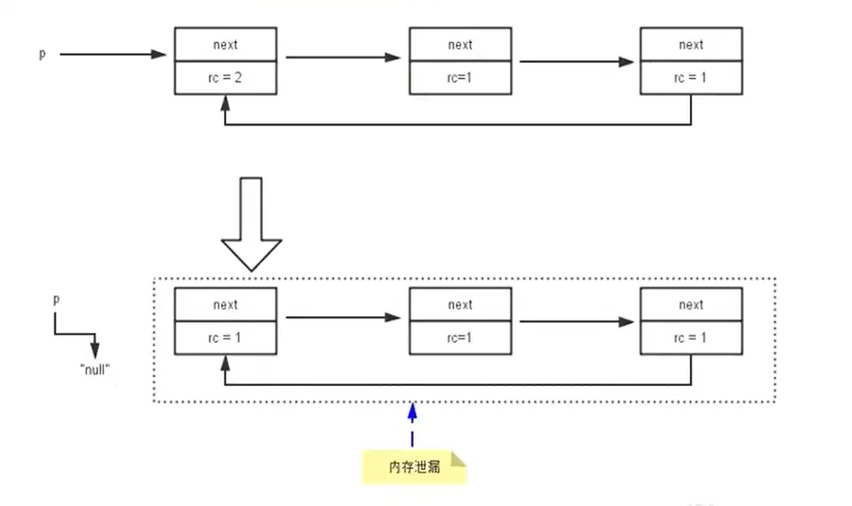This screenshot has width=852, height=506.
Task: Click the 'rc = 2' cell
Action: pyautogui.click(x=225, y=78)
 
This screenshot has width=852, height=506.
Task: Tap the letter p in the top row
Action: pyautogui.click(x=42, y=54)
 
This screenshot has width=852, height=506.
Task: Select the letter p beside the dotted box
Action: pyautogui.click(x=56, y=300)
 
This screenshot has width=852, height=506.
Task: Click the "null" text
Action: pyautogui.click(x=95, y=369)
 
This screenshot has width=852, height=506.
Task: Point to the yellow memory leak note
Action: pyautogui.click(x=414, y=467)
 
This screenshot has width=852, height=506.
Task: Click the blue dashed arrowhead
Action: pyautogui.click(x=412, y=412)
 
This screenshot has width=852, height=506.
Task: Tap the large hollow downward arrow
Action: pyautogui.click(x=251, y=224)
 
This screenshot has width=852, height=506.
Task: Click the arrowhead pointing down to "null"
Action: pyautogui.click(x=95, y=350)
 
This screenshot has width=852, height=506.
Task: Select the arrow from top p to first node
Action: pyautogui.click(x=113, y=54)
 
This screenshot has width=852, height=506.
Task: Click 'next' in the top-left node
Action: pyautogui.click(x=225, y=45)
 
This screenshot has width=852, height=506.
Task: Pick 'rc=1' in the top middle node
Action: pyautogui.click(x=460, y=78)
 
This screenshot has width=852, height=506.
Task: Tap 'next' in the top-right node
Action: pyautogui.click(x=691, y=45)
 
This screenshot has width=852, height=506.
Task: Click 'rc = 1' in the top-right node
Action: pyautogui.click(x=691, y=78)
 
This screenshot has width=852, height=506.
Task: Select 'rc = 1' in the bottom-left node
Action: pyautogui.click(x=225, y=337)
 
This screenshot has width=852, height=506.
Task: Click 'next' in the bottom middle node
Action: pyautogui.click(x=460, y=305)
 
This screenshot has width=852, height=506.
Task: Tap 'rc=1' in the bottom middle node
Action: pyautogui.click(x=460, y=337)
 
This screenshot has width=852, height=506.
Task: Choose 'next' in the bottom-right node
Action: pyautogui.click(x=691, y=305)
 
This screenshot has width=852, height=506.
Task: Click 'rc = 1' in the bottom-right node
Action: pyautogui.click(x=691, y=337)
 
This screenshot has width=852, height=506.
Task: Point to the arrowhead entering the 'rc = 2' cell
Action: pyautogui.click(x=225, y=103)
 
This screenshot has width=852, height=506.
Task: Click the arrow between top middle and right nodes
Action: pyautogui.click(x=576, y=62)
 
